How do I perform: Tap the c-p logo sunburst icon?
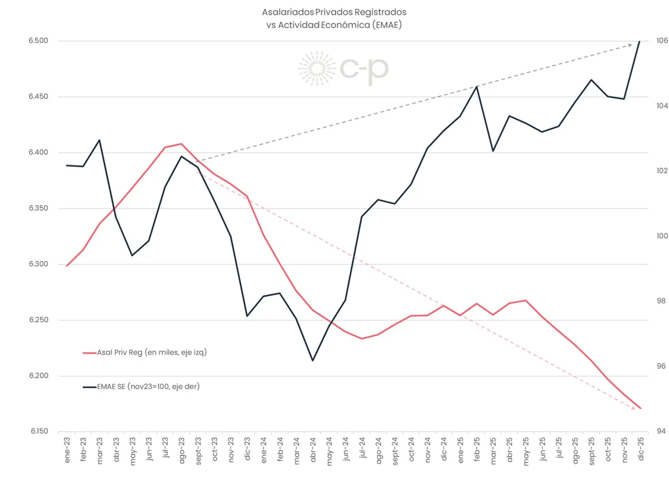tap(316, 69)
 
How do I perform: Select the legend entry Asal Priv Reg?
tap(144, 352)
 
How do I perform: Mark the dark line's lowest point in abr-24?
tap(313, 361)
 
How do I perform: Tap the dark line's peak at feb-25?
tap(477, 86)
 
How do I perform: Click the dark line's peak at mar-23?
tap(99, 140)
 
